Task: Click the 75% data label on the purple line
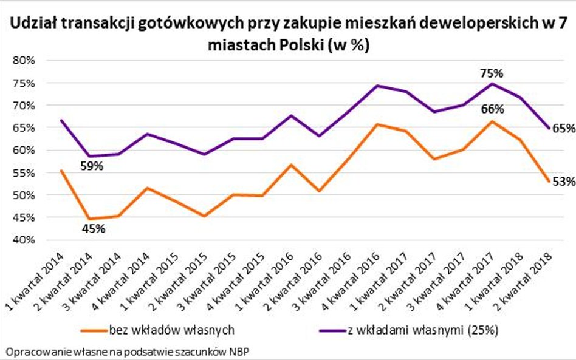coord(491,73)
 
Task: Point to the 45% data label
coord(93,229)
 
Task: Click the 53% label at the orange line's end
coord(563,180)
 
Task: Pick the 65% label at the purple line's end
coord(563,129)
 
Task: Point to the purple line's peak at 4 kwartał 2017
coord(492,83)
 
